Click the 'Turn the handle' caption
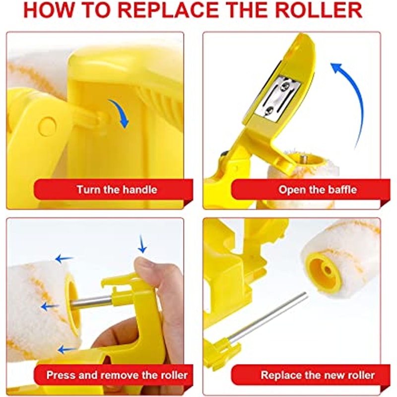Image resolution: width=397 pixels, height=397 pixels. (x=117, y=190)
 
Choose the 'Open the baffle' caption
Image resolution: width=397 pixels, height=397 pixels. (x=318, y=190)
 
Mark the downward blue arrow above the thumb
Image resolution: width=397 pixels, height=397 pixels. (x=143, y=244)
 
